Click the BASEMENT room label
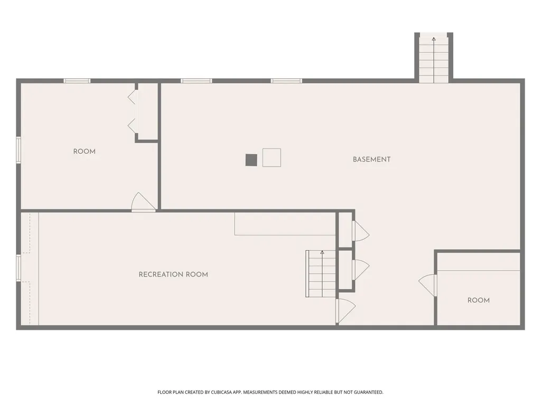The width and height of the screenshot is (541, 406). pos(371,160)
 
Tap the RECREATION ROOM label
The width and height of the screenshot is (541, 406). pos(173,274)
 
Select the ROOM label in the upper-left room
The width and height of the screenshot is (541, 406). pos(84,152)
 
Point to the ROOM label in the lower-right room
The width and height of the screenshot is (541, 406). pos(479,300)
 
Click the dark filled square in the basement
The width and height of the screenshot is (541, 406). pos(251,160)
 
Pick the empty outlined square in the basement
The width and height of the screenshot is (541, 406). pos(272,158)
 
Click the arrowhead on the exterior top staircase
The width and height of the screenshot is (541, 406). pos(434,39)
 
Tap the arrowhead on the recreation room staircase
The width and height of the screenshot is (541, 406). pos(322,252)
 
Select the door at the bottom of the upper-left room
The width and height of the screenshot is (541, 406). pos(143,202)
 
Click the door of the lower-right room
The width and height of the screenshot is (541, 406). pos(428,285)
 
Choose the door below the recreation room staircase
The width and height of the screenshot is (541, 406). pos(346,311)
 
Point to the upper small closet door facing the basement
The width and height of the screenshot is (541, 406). pos(360,230)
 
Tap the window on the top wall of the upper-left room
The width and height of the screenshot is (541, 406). pos(77,81)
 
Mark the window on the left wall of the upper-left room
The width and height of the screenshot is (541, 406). pos(18,150)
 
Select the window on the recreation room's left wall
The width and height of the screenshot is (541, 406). pos(18,268)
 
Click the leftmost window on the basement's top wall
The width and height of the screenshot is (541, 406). pos(197,81)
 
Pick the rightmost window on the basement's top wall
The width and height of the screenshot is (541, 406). pos(286,81)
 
